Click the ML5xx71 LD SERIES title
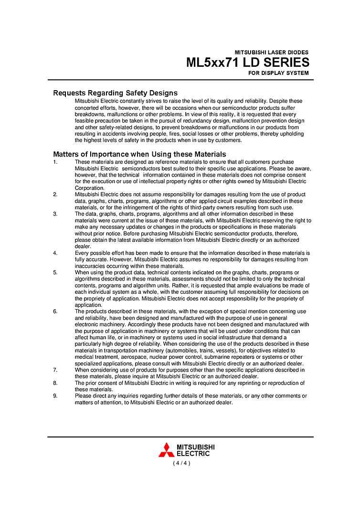pos(247,62)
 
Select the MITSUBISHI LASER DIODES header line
pos(271,52)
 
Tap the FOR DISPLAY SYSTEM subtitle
pos(278,73)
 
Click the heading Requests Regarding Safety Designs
pos(115,93)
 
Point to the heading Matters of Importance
pos(139,154)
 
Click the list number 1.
pos(55,162)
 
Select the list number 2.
pos(55,195)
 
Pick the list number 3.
pos(55,214)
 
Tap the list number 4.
pos(55,253)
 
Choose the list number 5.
pos(55,272)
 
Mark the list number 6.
pos(55,312)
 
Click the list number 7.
pos(55,370)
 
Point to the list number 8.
pos(55,383)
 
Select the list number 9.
pos(55,396)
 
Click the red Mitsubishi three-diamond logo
pos(166,450)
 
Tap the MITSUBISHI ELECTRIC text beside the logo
pos(195,450)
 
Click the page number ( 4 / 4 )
pos(181,463)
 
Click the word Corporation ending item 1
pos(89,188)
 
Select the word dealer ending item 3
pos(83,247)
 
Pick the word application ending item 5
pos(88,305)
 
